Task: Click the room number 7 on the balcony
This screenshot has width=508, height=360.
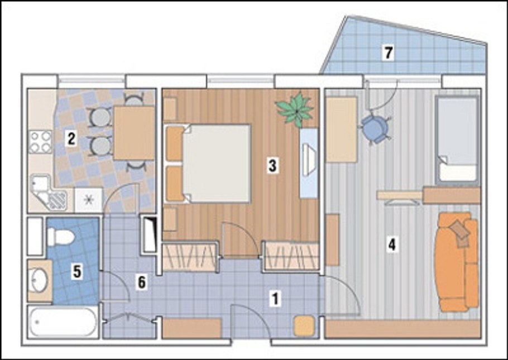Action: pyautogui.click(x=388, y=53)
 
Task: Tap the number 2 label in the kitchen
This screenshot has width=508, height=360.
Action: pyautogui.click(x=71, y=139)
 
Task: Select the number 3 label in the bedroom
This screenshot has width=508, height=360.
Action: pyautogui.click(x=272, y=166)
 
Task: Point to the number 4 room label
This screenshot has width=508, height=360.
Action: pyautogui.click(x=392, y=244)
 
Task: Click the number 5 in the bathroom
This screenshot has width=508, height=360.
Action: pyautogui.click(x=77, y=272)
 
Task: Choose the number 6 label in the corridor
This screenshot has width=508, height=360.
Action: pyautogui.click(x=142, y=282)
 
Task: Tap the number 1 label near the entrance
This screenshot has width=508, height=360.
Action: pyautogui.click(x=275, y=299)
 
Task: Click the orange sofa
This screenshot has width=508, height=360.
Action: pyautogui.click(x=456, y=262)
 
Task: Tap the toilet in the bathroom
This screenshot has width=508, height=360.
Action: pyautogui.click(x=61, y=237)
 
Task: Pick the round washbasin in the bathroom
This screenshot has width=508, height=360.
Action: pyautogui.click(x=39, y=281)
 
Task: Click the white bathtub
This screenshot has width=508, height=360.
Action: pyautogui.click(x=63, y=322)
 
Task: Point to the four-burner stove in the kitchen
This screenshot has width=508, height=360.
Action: pyautogui.click(x=41, y=142)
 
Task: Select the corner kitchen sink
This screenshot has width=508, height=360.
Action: pyautogui.click(x=48, y=193)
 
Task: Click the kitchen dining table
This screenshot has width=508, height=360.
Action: pyautogui.click(x=134, y=133)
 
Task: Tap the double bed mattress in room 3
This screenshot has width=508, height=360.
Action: pyautogui.click(x=217, y=164)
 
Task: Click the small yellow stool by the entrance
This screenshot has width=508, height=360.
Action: pyautogui.click(x=304, y=325)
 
